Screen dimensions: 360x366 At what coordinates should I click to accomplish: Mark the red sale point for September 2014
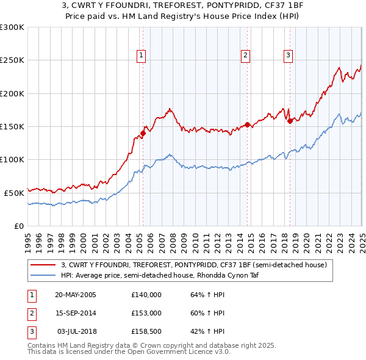point(247,124)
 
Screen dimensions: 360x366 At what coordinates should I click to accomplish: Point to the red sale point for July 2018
point(290,121)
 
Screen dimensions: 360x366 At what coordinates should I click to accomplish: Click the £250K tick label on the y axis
point(12,60)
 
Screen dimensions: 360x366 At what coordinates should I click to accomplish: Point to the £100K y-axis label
point(12,159)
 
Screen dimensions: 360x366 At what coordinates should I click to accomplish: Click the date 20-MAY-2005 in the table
point(76,295)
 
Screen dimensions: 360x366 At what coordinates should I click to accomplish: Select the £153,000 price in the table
point(146,313)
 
